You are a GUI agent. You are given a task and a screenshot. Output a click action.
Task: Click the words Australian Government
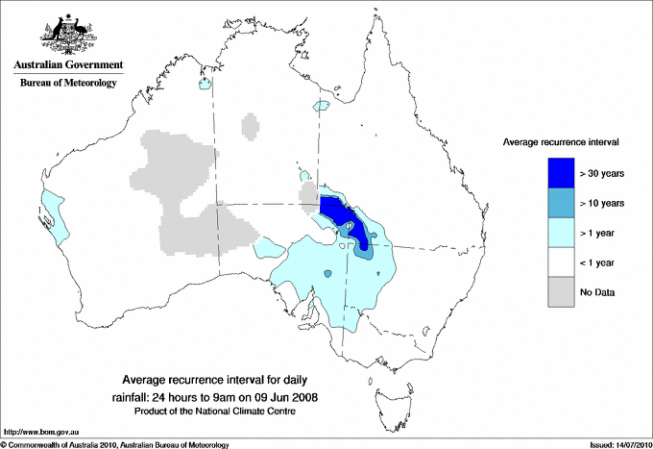click(x=67, y=65)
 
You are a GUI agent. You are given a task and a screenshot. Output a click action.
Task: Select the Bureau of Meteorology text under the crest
click(x=67, y=83)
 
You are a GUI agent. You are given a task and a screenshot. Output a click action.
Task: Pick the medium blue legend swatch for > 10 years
click(x=561, y=202)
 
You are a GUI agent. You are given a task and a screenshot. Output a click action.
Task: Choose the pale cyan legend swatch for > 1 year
click(x=561, y=232)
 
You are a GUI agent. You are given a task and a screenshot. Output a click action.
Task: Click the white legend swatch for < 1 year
click(x=561, y=262)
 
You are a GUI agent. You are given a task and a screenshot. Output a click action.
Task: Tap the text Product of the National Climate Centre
click(x=221, y=411)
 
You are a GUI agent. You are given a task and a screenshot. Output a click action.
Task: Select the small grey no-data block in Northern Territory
click(x=252, y=124)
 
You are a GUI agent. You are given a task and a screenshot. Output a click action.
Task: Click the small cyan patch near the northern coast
click(x=205, y=84)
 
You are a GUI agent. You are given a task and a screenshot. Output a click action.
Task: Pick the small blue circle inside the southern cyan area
click(x=327, y=274)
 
